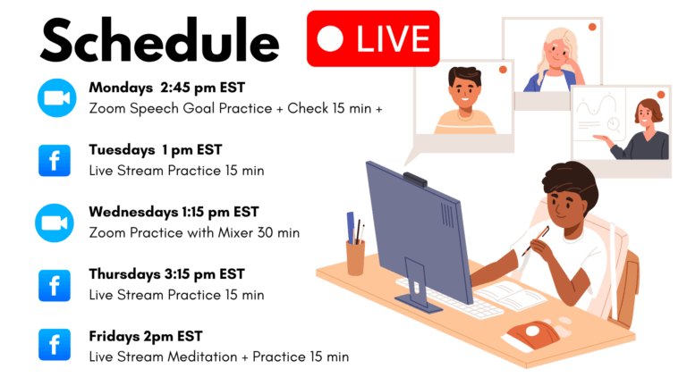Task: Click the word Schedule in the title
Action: (160, 40)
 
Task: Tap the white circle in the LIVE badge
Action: (330, 38)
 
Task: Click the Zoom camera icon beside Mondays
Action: (57, 97)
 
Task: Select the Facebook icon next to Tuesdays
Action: (55, 161)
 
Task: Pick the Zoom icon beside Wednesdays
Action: (55, 222)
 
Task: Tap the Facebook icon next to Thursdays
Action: (55, 285)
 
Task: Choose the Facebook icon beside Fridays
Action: (55, 344)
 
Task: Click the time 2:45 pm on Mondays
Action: (188, 88)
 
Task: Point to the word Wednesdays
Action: (133, 213)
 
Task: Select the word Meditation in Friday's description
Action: (202, 357)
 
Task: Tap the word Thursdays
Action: (125, 274)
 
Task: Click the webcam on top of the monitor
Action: (415, 180)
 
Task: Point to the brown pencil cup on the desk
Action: (355, 258)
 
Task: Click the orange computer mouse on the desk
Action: (533, 334)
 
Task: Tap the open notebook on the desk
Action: (511, 295)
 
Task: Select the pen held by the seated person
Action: (536, 240)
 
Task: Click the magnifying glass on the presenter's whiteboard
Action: (614, 125)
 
